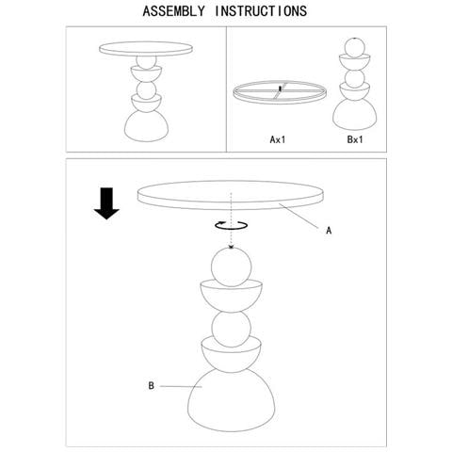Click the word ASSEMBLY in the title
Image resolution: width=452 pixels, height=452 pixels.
(x=173, y=11)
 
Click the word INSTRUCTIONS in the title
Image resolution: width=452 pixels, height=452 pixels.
(x=261, y=11)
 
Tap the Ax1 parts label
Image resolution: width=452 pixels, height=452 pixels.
(x=278, y=139)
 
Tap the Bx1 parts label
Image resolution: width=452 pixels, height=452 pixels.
(x=355, y=139)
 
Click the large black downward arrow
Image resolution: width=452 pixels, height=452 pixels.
(x=106, y=203)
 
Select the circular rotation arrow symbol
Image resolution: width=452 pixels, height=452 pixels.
(x=232, y=225)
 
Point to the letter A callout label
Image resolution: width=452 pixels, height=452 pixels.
(x=329, y=231)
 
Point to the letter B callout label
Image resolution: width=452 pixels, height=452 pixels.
(x=152, y=386)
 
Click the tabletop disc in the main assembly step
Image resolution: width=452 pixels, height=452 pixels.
(x=231, y=195)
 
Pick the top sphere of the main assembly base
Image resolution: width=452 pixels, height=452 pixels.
(x=232, y=267)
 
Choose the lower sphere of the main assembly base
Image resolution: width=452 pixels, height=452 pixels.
(x=232, y=329)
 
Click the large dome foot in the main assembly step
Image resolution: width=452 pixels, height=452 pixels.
(x=232, y=401)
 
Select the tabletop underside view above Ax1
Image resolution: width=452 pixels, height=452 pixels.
(x=280, y=92)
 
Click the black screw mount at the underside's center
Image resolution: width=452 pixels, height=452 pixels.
(x=280, y=89)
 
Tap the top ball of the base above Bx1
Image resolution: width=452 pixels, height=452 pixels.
(x=355, y=47)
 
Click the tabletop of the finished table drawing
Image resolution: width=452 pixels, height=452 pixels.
(x=146, y=49)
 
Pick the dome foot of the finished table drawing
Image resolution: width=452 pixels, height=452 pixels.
(x=147, y=126)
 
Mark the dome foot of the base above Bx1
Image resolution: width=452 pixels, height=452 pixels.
(x=355, y=115)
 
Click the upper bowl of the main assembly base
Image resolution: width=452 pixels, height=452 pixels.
(x=232, y=297)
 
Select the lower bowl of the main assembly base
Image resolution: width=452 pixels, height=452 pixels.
(x=232, y=355)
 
